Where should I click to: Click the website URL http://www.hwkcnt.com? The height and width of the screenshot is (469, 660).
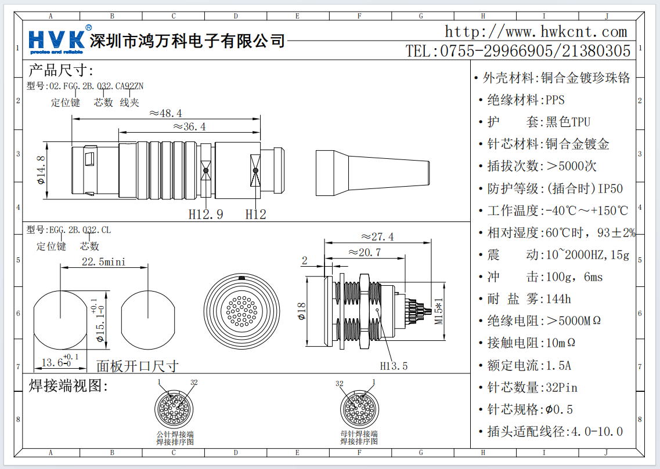click(x=536, y=31)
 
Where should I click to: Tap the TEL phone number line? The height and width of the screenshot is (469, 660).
click(x=518, y=51)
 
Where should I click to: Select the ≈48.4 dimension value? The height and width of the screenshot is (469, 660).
click(x=165, y=113)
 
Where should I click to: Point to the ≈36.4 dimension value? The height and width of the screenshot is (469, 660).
click(x=189, y=126)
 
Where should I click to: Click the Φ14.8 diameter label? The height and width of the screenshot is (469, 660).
click(x=41, y=170)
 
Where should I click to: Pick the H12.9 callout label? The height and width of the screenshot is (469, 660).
click(x=205, y=214)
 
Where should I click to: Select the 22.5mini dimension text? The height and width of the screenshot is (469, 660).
click(x=103, y=261)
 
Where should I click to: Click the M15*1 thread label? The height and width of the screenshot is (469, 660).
click(x=439, y=311)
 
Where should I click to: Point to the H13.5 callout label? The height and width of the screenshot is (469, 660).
click(x=394, y=366)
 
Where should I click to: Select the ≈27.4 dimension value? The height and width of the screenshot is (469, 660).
click(x=377, y=237)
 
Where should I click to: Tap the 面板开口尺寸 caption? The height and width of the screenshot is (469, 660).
click(x=137, y=366)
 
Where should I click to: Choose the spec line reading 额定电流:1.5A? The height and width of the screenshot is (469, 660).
click(x=529, y=365)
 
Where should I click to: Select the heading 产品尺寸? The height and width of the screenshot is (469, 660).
click(x=61, y=71)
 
